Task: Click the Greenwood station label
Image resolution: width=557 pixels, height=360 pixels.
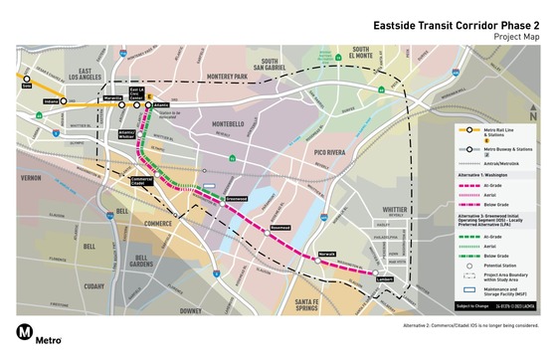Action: pyautogui.click(x=236, y=199)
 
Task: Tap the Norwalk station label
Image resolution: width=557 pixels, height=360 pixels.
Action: pyautogui.click(x=327, y=255)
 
